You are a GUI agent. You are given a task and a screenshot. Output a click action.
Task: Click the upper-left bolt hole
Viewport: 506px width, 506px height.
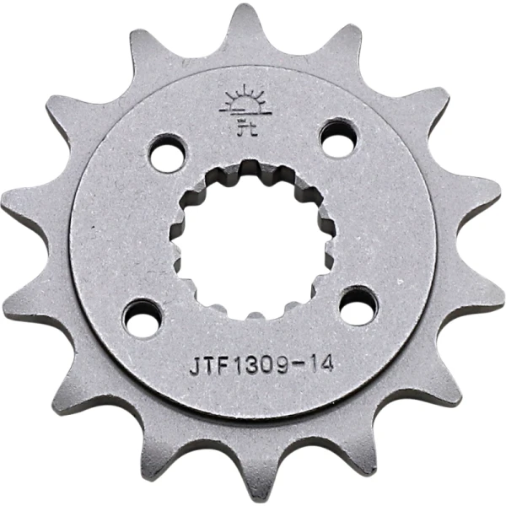[168, 153]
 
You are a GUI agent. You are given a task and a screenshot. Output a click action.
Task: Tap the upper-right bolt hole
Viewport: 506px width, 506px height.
[338, 137]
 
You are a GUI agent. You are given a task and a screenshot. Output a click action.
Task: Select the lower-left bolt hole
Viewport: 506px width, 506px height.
[143, 319]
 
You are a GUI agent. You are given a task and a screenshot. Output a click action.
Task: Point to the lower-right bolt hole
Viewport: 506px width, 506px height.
[359, 304]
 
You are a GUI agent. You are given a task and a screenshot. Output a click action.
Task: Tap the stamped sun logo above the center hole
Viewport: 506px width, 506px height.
[245, 110]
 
